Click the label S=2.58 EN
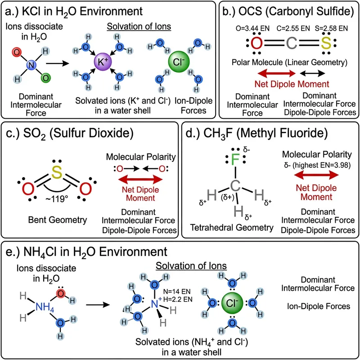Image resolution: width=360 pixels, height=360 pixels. tap(331, 28)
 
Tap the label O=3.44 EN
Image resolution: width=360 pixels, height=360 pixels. tap(254, 28)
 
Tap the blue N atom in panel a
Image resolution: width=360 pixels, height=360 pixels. tap(31, 66)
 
